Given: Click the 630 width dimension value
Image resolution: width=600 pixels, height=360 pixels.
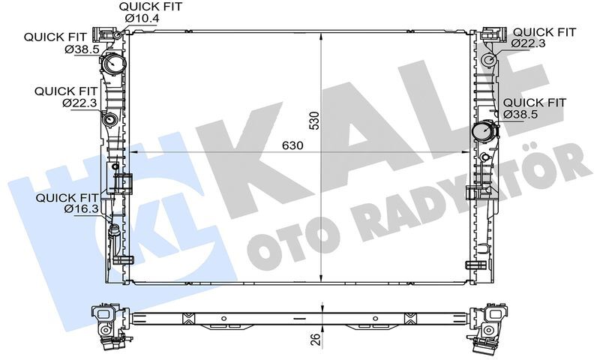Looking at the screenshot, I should (x=293, y=145).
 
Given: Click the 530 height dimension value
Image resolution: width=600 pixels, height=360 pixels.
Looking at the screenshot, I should (x=314, y=122).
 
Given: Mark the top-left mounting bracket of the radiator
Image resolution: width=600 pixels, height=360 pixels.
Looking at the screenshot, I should (x=104, y=34).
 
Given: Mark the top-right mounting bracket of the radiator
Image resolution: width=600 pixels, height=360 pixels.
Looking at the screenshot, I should (x=491, y=34).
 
